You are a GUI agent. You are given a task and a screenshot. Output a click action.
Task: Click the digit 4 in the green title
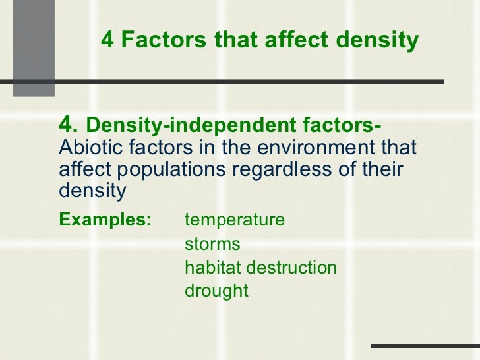pos(107,41)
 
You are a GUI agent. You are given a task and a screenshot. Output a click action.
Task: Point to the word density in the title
pos(378,41)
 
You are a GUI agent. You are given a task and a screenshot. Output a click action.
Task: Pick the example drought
pos(216,291)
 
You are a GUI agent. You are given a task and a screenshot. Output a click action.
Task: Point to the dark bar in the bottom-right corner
pos(425,345)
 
